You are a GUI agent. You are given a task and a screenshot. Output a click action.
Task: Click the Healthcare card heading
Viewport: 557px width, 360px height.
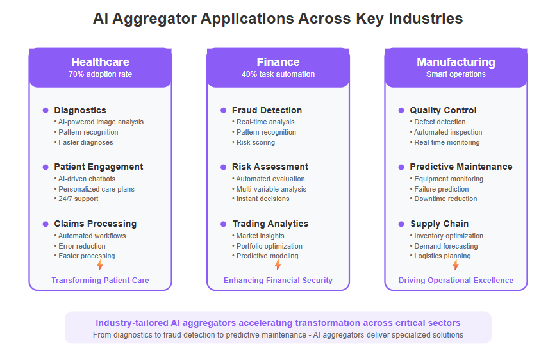click(100, 62)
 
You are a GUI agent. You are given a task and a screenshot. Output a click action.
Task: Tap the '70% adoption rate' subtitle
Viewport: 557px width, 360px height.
click(100, 74)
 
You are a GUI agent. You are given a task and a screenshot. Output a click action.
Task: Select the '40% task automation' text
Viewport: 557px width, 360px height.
click(278, 74)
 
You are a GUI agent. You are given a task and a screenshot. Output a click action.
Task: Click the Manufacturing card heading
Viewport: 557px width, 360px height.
click(456, 62)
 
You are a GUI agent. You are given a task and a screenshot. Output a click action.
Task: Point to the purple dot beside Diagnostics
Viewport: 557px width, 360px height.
click(46, 110)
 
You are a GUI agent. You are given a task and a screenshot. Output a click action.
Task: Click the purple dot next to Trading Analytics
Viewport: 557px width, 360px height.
click(224, 224)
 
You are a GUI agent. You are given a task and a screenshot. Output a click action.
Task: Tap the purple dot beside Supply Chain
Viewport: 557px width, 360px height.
click(401, 224)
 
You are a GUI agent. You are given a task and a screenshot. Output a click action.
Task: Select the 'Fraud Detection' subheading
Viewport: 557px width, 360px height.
click(267, 110)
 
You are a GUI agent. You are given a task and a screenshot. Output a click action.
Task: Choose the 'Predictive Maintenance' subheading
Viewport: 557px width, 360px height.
click(461, 167)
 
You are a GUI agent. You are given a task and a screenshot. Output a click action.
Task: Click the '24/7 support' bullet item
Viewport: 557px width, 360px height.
click(76, 199)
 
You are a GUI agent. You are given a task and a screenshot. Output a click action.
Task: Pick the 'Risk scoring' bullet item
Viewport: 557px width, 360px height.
click(254, 142)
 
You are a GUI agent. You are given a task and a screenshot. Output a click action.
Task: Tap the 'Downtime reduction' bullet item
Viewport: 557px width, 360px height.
click(444, 199)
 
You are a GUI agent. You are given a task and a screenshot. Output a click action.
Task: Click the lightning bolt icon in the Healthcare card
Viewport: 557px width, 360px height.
click(100, 265)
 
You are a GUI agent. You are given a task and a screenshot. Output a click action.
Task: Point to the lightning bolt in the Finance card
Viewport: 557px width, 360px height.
click(278, 265)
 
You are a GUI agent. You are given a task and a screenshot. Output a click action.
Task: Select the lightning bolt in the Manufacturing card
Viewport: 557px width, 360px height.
click(456, 265)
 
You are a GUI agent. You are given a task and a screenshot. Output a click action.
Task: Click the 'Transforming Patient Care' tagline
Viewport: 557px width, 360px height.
click(100, 281)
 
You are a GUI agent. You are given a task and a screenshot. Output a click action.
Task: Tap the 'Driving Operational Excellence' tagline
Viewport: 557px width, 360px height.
click(456, 281)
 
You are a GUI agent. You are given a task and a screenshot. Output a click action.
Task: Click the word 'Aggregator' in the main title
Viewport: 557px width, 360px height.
click(154, 19)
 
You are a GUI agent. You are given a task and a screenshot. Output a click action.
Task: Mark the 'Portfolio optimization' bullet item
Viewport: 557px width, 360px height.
click(267, 246)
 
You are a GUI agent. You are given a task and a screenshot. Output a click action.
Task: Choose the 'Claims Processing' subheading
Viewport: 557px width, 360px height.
click(96, 224)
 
